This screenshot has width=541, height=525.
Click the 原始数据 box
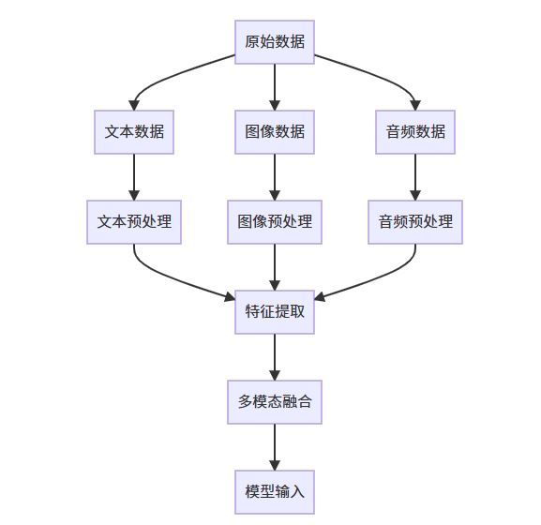coord(275,42)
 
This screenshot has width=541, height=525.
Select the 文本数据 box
coord(134,132)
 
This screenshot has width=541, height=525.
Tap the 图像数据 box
coord(275,132)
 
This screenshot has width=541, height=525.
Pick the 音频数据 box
coord(415,132)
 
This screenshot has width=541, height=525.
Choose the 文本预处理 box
coord(134,222)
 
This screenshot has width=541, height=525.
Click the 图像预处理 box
coord(275,222)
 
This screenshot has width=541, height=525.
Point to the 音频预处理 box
coord(415,222)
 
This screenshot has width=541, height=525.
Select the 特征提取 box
coord(275,312)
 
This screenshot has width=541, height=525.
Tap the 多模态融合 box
coord(275,402)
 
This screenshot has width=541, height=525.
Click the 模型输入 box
coord(275,492)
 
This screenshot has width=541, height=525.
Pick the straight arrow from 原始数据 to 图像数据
coord(275,87)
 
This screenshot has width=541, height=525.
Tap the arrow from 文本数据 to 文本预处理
coord(134,177)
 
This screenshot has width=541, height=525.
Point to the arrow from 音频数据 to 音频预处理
coord(415,177)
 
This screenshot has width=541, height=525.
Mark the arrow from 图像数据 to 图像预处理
coord(275,177)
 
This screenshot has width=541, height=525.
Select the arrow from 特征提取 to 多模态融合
coord(275,357)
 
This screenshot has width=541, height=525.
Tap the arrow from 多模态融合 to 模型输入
coord(275,447)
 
